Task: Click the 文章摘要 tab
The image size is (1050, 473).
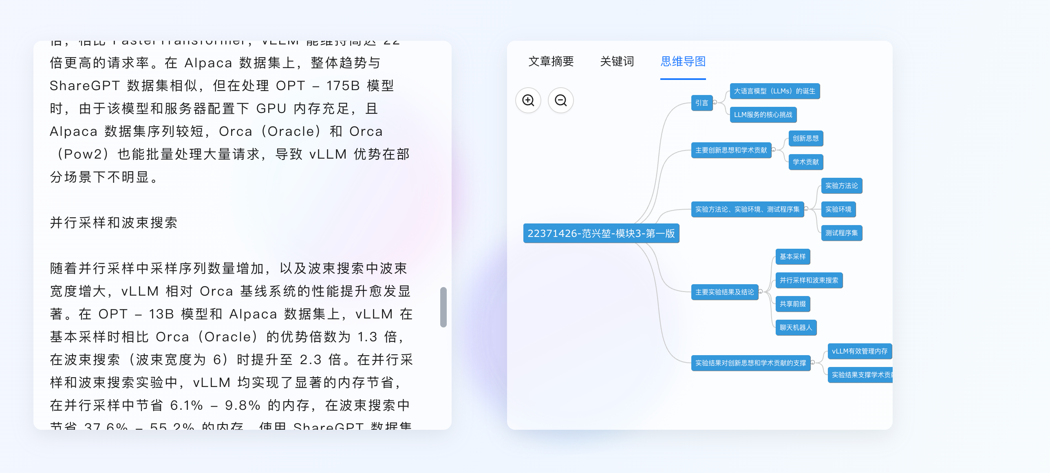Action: coord(551,62)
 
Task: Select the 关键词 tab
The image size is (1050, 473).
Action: coord(617,62)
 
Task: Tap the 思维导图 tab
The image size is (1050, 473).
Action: coord(683,62)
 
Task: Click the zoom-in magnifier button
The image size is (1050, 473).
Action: coord(528,100)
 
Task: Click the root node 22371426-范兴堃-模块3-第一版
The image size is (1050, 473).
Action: coord(601,233)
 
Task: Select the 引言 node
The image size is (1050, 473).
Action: coord(701,103)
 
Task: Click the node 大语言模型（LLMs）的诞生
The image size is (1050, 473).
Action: coord(774,91)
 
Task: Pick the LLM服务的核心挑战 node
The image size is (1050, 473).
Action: coord(763,115)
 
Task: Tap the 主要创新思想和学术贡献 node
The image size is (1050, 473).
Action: coord(731,150)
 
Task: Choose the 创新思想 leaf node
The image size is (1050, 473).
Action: coord(805,139)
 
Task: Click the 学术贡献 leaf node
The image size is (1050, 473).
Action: coord(805,162)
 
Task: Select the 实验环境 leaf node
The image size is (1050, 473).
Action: coord(838,210)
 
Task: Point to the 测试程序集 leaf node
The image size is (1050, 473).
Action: coord(841,233)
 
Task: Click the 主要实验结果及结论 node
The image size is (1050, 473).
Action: coord(724,292)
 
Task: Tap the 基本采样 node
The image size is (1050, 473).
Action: coord(792,257)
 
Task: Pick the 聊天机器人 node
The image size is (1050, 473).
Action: coord(796,328)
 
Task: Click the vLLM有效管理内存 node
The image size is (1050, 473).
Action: coord(859,351)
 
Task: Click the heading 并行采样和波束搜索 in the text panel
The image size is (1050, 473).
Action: coord(113,223)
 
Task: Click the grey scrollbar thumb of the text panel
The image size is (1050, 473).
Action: coord(443,307)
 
